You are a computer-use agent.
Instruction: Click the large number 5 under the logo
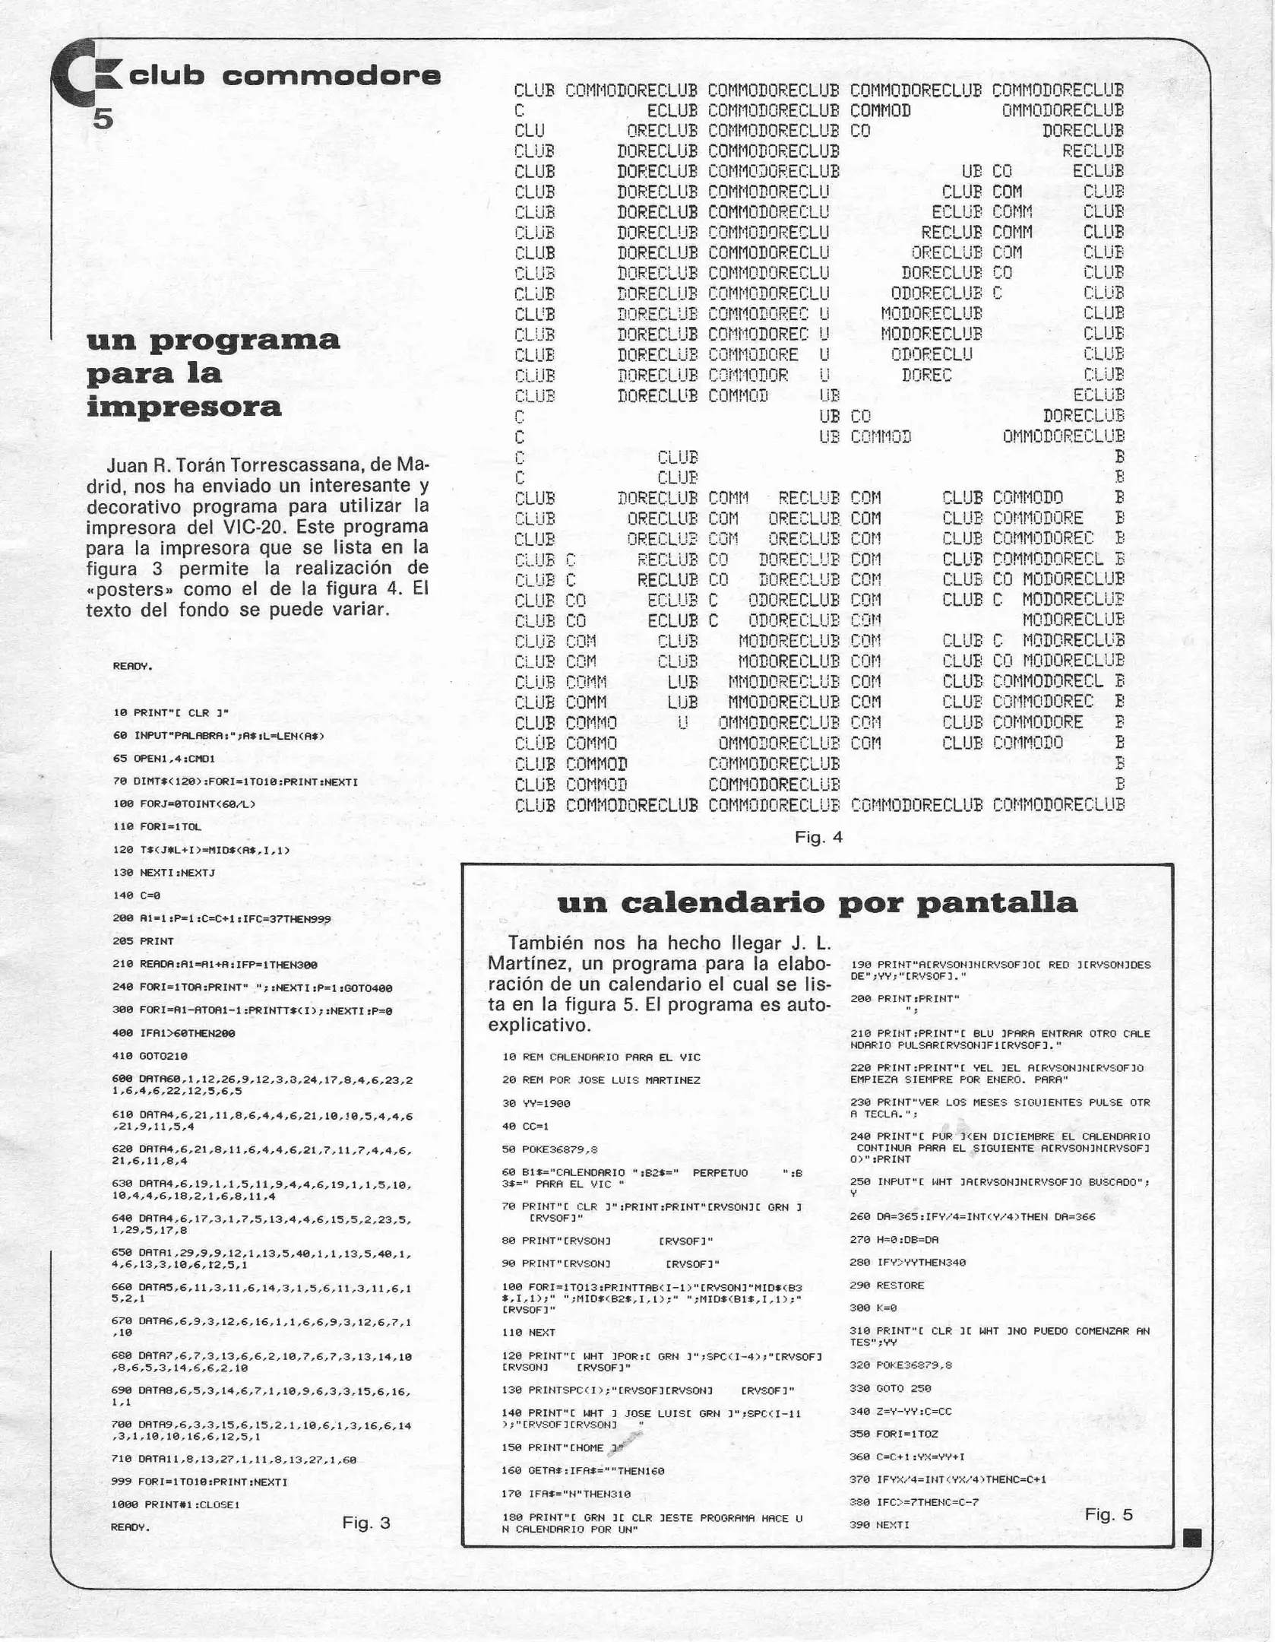(103, 119)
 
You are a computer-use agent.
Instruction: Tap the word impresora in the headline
(184, 407)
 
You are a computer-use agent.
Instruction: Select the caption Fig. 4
(818, 838)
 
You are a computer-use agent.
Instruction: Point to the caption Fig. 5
(1108, 1514)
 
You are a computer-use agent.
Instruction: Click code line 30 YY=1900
(536, 1103)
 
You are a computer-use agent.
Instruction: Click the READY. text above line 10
(132, 666)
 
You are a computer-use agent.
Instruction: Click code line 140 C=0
(135, 895)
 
